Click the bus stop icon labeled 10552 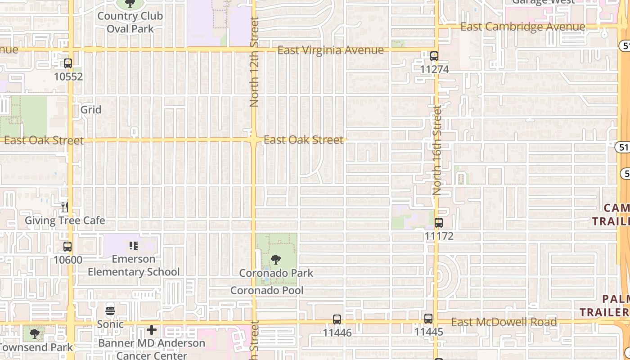click(68, 63)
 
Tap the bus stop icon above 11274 click(434, 56)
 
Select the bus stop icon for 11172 click(439, 222)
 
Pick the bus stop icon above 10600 click(67, 247)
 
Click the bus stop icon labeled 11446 click(337, 319)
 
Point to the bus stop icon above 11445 click(428, 319)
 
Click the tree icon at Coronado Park click(276, 260)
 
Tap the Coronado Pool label click(267, 291)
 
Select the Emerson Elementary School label click(134, 265)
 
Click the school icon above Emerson click(133, 246)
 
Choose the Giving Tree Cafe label click(65, 220)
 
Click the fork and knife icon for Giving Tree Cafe click(65, 207)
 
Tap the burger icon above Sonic click(110, 311)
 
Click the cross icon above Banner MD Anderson click(152, 330)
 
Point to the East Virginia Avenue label click(331, 50)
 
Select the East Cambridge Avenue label click(523, 27)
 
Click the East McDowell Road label click(504, 322)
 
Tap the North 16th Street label click(437, 150)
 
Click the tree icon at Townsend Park click(34, 334)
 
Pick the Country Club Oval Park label click(130, 22)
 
